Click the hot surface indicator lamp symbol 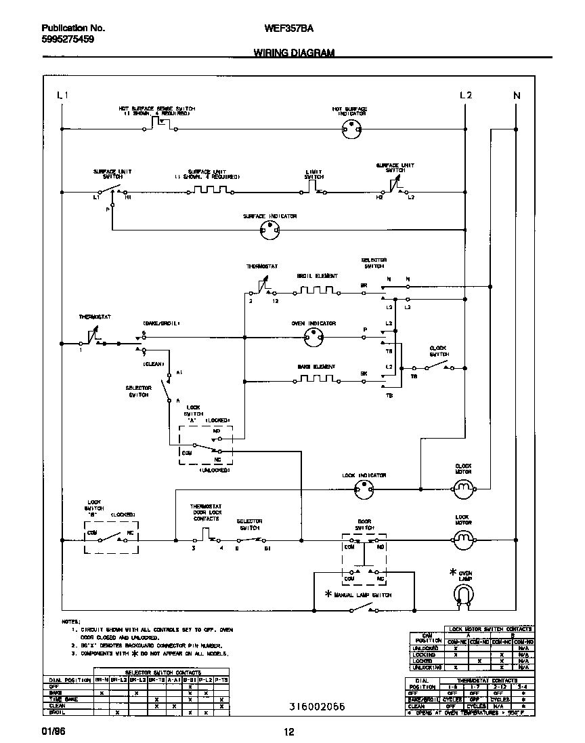[350, 127]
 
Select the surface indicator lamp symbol [269, 231]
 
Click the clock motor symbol [463, 487]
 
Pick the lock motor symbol [463, 540]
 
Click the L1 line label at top [62, 96]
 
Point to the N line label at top [517, 96]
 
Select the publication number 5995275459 [68, 40]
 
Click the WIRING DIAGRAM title [294, 52]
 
